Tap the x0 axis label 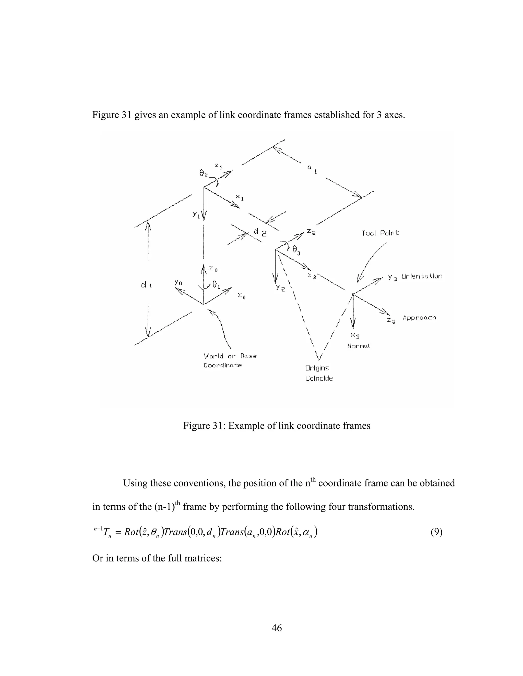point(242,296)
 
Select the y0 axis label point(178,282)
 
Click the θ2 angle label point(204,174)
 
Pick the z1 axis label point(219,167)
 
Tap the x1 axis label point(240,197)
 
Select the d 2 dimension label point(260,232)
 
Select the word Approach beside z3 point(419,318)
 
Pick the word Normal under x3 point(359,346)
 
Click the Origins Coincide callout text point(319,373)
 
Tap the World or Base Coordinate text point(230,361)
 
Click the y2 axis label point(280,289)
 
